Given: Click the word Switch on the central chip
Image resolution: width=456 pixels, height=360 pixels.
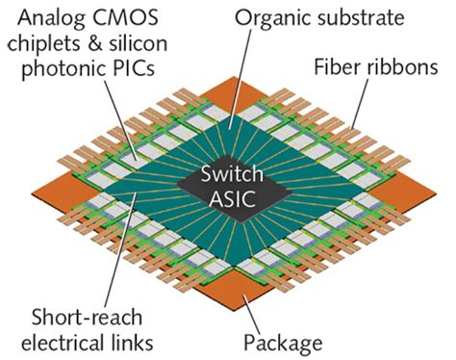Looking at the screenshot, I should (228, 177).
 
